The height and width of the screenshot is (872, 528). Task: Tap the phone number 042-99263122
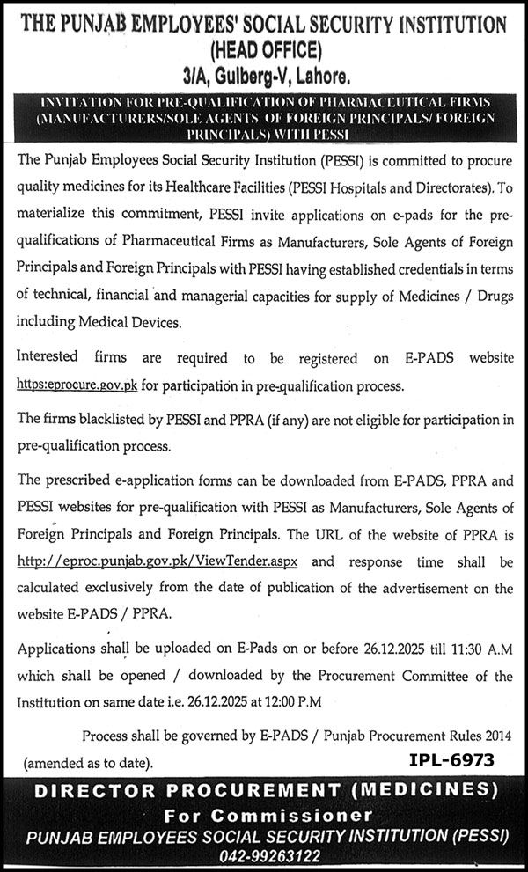[x=264, y=855]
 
